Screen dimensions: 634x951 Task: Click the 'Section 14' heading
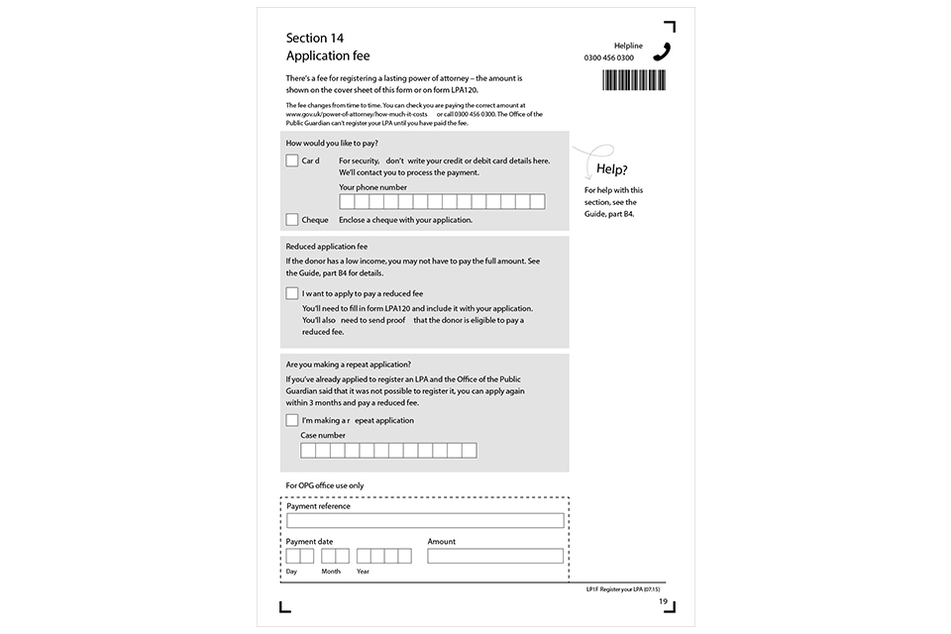(315, 39)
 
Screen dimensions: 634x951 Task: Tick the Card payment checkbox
(292, 160)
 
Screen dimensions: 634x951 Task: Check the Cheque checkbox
(292, 220)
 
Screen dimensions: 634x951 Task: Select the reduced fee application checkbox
(292, 293)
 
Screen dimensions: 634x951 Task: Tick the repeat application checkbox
(292, 420)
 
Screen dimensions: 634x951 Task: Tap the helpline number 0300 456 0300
(609, 58)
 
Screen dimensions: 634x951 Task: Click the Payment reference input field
(425, 520)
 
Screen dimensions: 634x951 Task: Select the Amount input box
(495, 556)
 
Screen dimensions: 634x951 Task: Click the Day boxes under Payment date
(300, 556)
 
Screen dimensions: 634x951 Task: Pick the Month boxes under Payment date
(335, 556)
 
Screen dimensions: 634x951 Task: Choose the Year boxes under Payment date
(383, 556)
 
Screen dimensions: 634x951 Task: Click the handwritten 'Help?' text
(611, 169)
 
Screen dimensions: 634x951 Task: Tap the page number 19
(663, 602)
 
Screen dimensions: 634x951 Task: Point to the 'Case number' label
(323, 435)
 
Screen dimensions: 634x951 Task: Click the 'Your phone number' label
(372, 187)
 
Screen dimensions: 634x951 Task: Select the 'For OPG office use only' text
(325, 485)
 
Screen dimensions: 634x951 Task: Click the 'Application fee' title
(328, 56)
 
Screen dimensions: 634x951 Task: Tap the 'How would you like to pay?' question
(332, 144)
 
